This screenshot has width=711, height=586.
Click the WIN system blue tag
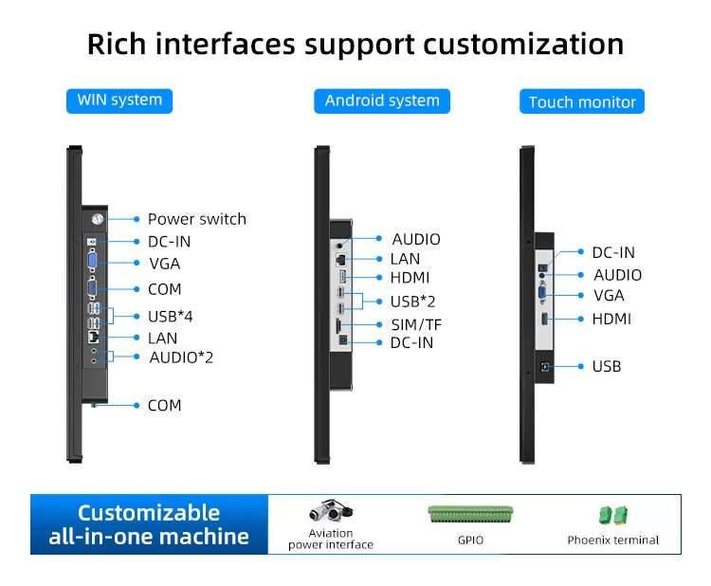pos(119,100)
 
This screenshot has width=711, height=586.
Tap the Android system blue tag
pos(382,101)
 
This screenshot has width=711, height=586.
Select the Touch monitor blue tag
pos(582,102)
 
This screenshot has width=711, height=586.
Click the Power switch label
pos(196,219)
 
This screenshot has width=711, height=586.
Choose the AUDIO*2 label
pos(181,357)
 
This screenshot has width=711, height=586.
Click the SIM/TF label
pos(416,324)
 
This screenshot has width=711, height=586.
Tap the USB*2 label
pos(412,302)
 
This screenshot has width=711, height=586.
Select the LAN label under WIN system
pos(162,338)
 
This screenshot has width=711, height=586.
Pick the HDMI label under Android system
pos(410,278)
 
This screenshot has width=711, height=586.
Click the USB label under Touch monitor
pos(607,366)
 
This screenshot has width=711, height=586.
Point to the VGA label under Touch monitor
pos(609,296)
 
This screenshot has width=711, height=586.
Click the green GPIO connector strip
pos(470,515)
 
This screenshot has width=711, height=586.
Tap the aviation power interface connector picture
pos(331,512)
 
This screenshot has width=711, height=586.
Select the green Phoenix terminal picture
pos(612,515)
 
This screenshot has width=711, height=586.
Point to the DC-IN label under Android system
pos(411,342)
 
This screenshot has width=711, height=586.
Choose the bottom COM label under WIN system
pos(164,405)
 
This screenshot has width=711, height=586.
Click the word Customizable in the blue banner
pos(149,513)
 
